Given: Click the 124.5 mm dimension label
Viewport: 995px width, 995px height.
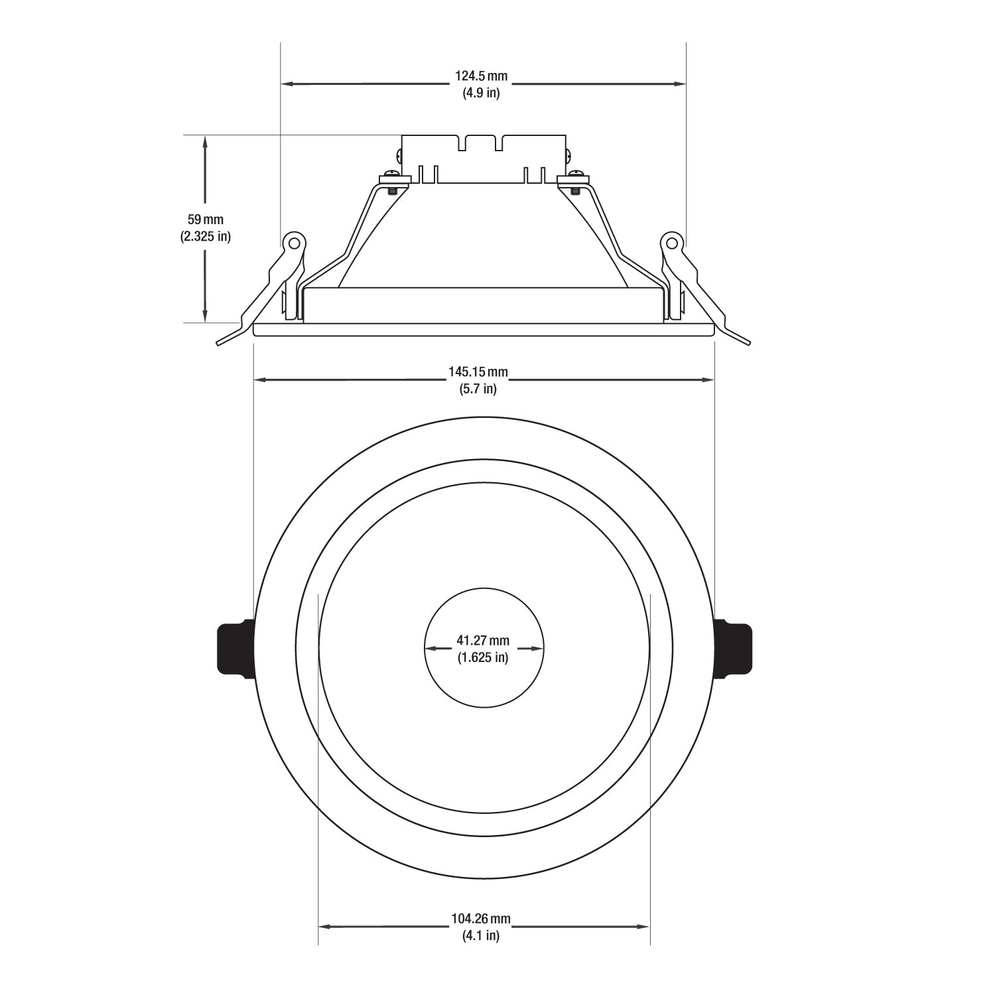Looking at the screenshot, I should [x=481, y=77].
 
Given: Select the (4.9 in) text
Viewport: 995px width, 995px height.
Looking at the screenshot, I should [x=481, y=93].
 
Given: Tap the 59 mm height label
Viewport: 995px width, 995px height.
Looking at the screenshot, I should [x=206, y=219].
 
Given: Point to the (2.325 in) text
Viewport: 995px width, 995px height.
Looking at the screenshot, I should [x=206, y=235].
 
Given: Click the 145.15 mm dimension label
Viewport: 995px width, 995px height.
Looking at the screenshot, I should [x=478, y=372].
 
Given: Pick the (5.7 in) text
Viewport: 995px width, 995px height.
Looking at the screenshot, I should [x=478, y=389].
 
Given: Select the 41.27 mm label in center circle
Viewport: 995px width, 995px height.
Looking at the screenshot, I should [x=483, y=641].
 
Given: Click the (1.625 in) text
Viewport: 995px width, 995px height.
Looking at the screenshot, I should [x=483, y=658].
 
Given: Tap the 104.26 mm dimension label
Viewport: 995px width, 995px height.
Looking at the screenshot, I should [x=481, y=919].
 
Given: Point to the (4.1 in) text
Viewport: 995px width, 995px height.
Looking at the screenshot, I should [x=481, y=936].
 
